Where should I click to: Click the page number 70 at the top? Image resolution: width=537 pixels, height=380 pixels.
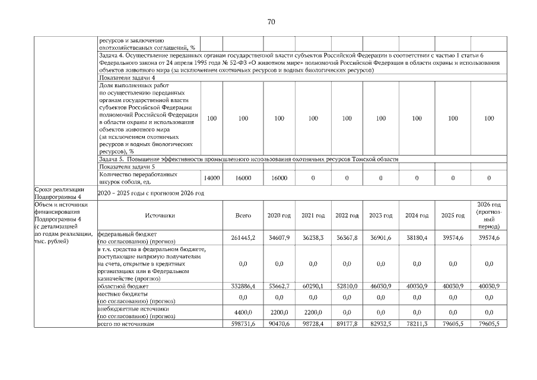pos(271,22)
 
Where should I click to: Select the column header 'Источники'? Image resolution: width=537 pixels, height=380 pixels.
pos(160,216)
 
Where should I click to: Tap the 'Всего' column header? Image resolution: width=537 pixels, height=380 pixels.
pos(243,216)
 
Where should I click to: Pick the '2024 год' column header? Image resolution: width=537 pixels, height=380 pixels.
pos(417,216)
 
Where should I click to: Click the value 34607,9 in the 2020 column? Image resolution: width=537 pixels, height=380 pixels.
pos(279,238)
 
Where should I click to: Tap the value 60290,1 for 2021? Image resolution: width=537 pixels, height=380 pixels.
pos(313,286)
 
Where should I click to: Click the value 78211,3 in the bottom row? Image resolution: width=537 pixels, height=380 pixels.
pos(417,324)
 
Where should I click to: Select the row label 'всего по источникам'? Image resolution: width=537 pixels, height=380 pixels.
pos(125,324)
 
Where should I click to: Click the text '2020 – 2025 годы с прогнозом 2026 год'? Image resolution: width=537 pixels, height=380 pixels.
pos(151,193)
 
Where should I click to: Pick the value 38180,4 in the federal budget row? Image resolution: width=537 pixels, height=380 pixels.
pos(417,238)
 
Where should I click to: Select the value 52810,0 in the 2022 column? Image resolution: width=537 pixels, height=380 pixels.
pos(347,286)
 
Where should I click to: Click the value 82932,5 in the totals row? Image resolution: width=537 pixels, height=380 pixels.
pos(381,324)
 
